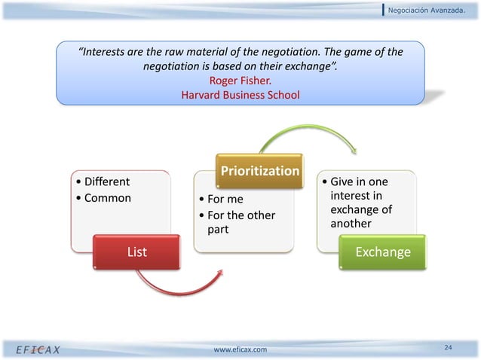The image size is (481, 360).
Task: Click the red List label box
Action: coord(136,252)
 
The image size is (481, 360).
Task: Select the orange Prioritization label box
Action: coord(259,171)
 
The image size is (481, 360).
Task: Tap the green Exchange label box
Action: coord(383,252)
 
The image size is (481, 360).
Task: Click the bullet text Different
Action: coord(103,182)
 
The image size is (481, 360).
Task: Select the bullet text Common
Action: coord(103,198)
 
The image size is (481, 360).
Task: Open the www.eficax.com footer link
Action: coord(240,349)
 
